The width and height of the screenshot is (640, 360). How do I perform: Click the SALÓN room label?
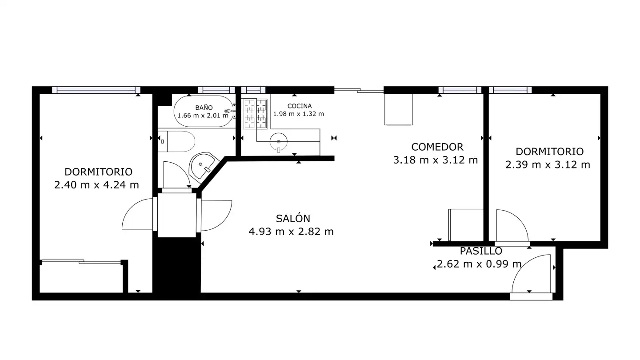(x=293, y=218)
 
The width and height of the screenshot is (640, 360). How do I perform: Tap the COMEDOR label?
(x=437, y=147)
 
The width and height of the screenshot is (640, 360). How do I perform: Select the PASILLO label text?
(x=481, y=251)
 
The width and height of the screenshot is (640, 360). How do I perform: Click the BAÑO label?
(x=204, y=107)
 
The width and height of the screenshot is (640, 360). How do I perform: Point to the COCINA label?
(x=300, y=106)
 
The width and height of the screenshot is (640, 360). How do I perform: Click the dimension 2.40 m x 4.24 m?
(x=96, y=185)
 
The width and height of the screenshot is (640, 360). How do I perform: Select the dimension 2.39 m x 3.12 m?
(x=548, y=165)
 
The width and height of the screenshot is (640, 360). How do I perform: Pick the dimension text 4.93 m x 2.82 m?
(x=291, y=232)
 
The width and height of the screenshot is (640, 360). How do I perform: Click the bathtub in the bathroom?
(x=204, y=111)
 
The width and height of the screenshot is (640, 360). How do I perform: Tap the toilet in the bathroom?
(x=176, y=141)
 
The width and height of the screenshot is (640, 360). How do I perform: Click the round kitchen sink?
(x=279, y=142)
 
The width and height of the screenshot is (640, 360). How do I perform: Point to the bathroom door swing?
(x=177, y=174)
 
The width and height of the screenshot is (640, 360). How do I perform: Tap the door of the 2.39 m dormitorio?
(x=512, y=226)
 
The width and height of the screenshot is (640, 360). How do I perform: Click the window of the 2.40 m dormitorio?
(x=96, y=90)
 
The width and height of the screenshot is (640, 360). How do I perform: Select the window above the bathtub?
(x=216, y=90)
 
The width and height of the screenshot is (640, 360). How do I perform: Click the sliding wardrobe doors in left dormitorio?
(x=82, y=262)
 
